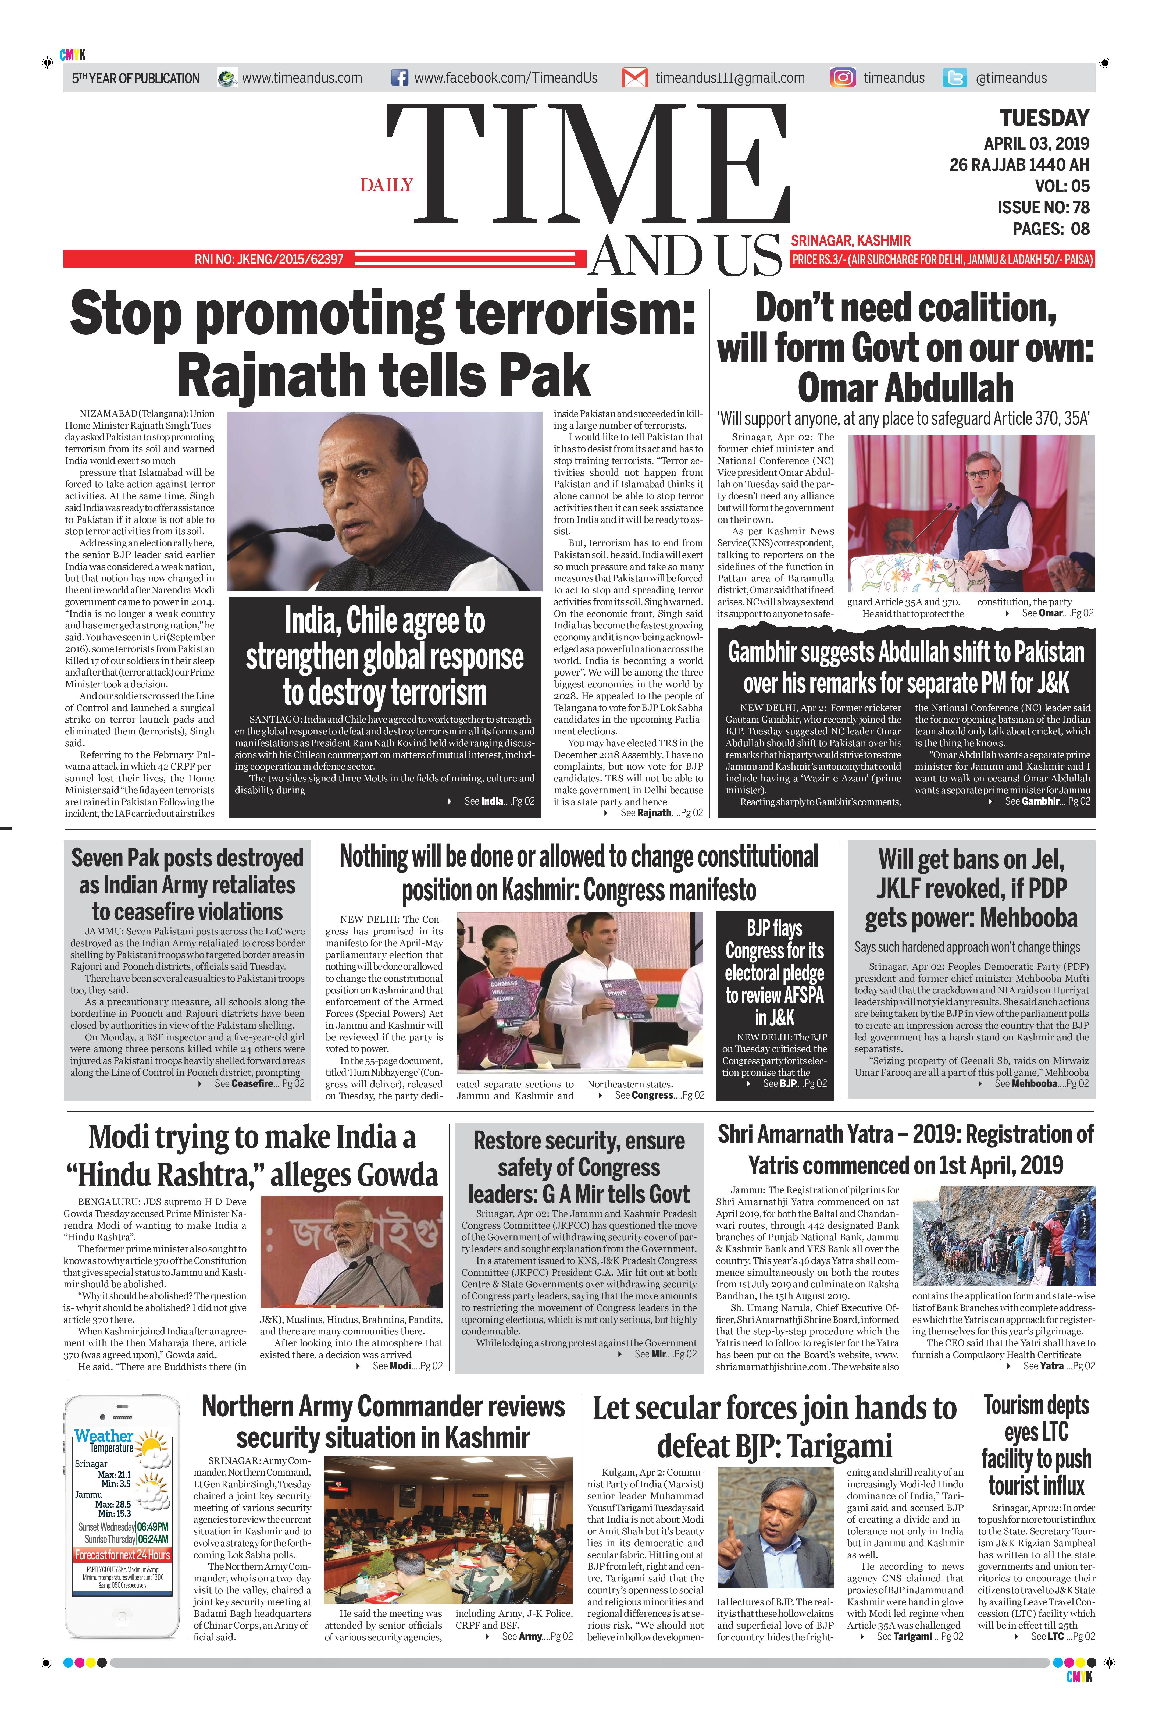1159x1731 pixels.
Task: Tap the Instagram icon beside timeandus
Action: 843,78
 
